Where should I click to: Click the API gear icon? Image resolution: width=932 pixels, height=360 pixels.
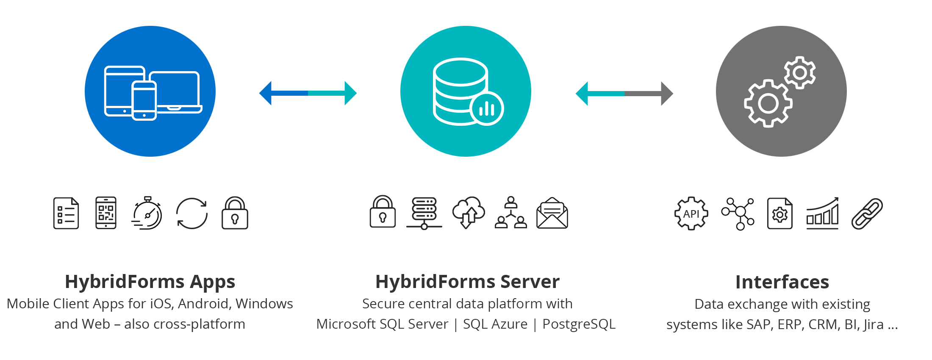(x=691, y=213)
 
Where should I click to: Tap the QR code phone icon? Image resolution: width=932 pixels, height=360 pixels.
(x=106, y=213)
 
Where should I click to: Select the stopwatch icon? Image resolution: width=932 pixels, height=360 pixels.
(x=147, y=213)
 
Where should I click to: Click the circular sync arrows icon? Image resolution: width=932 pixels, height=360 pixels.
(x=192, y=213)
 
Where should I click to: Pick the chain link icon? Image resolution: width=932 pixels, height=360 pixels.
(x=867, y=213)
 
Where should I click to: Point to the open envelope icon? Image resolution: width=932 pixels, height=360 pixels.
(x=552, y=213)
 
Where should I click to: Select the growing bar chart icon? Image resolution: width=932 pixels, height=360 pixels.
(x=822, y=213)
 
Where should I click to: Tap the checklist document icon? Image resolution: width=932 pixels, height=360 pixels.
(x=66, y=213)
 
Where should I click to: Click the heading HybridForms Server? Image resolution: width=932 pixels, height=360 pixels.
(x=467, y=282)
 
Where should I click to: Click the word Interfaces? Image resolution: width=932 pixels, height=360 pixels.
(x=782, y=282)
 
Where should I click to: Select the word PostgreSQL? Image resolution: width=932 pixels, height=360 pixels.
(x=579, y=324)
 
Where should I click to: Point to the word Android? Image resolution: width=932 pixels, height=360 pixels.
(x=204, y=304)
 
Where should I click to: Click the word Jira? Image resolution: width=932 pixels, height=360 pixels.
(x=874, y=324)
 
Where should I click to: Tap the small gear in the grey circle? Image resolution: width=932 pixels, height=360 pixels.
(x=799, y=72)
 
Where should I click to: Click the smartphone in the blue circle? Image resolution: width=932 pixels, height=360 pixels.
(x=144, y=101)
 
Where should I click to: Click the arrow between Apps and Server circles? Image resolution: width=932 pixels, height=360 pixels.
(x=308, y=93)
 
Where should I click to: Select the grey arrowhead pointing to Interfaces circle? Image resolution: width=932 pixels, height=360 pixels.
(x=666, y=94)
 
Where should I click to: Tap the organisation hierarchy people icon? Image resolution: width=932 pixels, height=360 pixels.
(x=511, y=213)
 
